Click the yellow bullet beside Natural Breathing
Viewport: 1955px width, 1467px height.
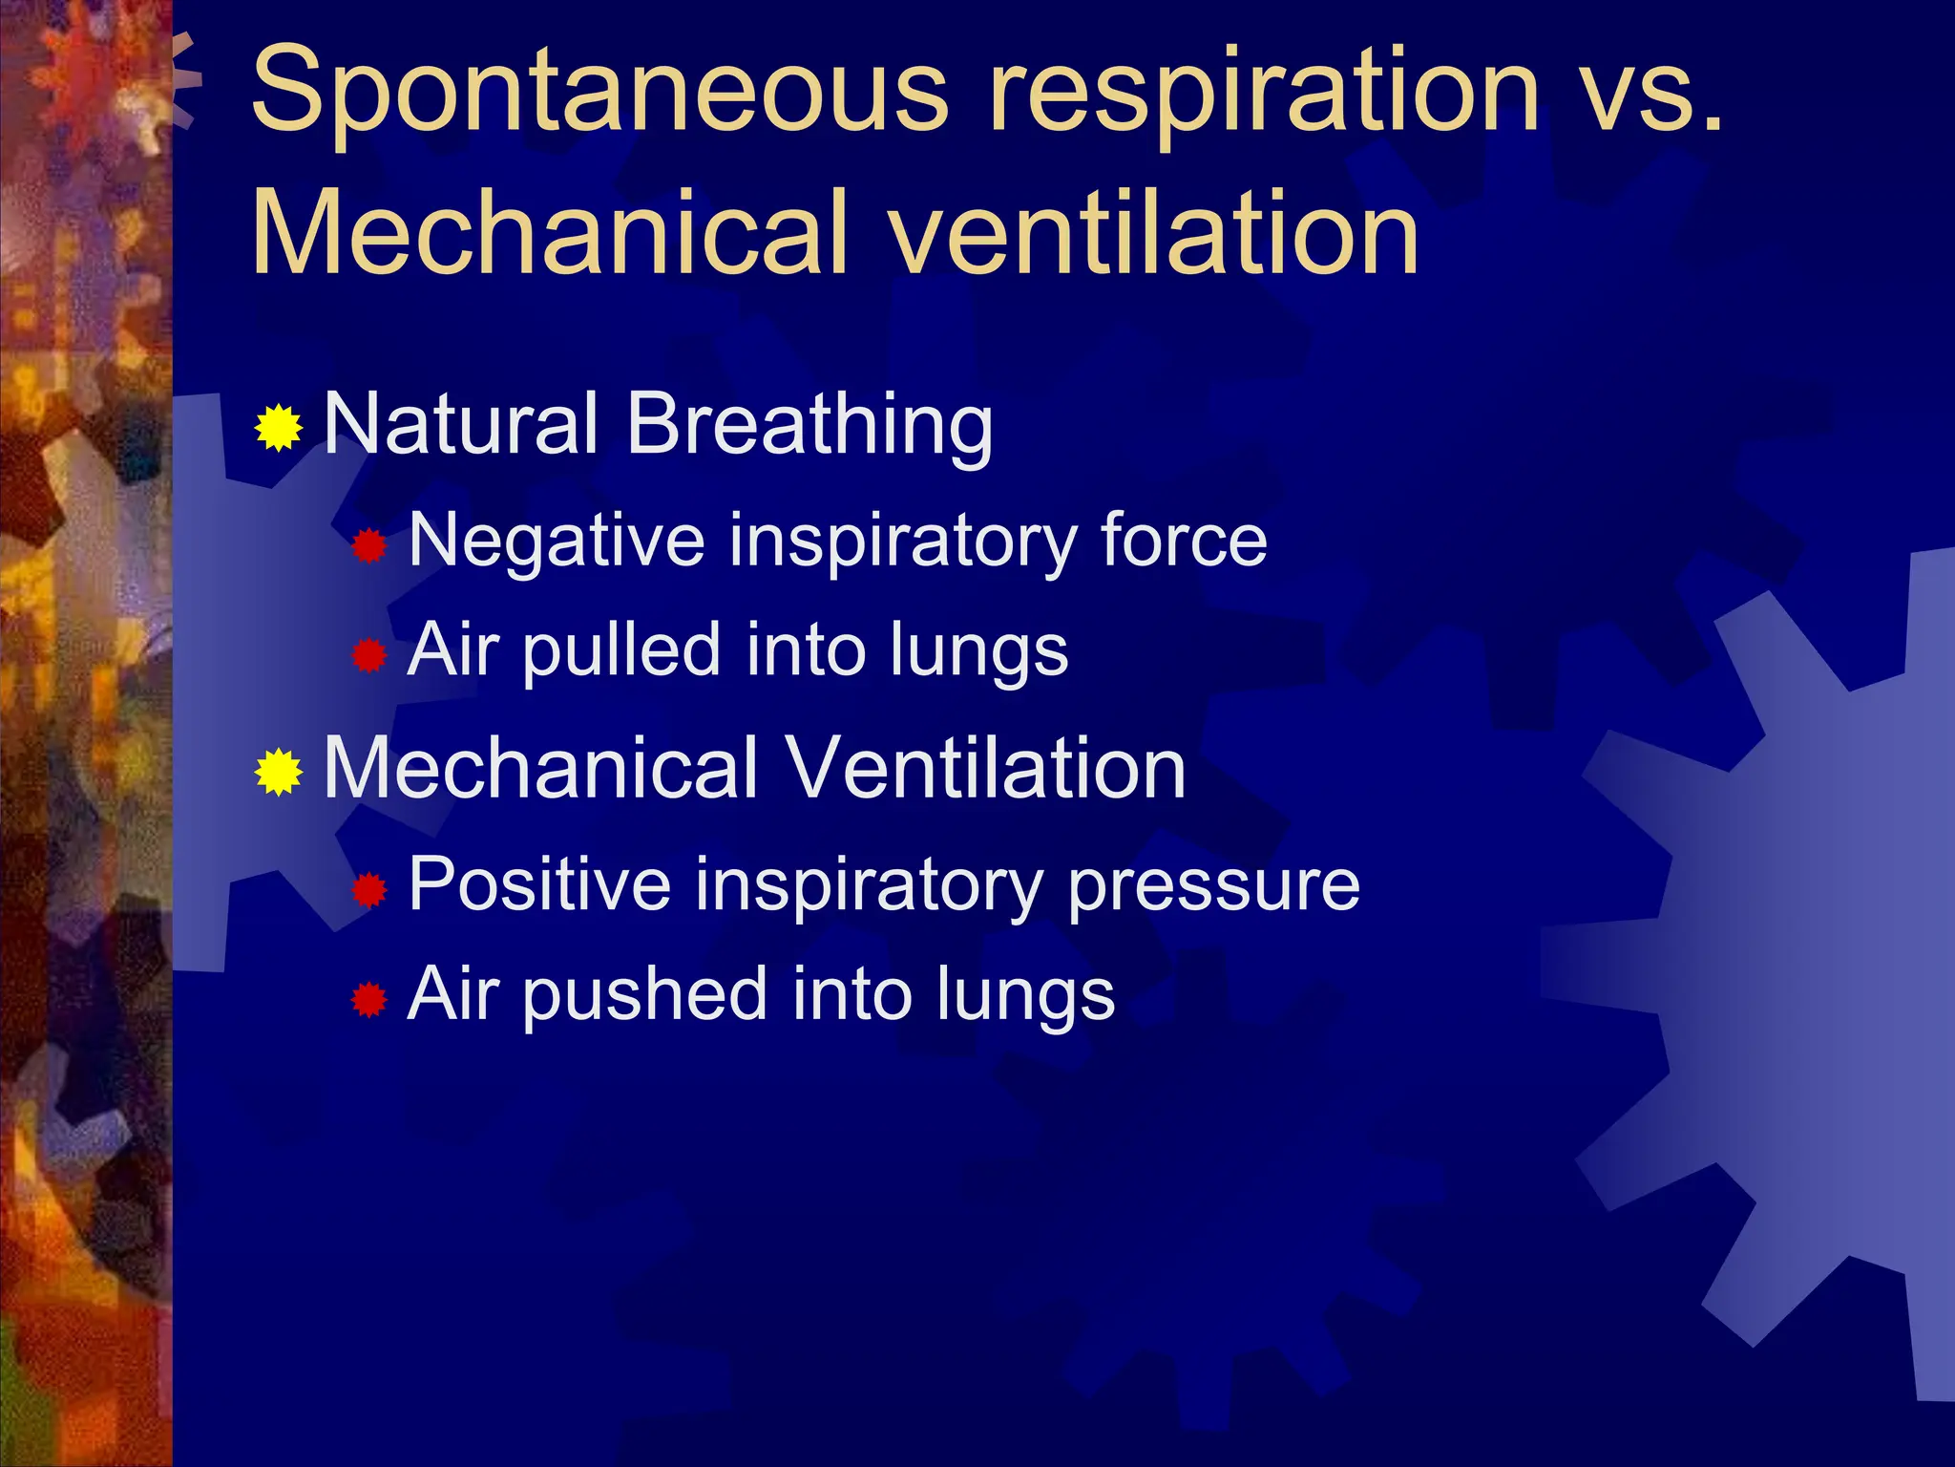pyautogui.click(x=279, y=427)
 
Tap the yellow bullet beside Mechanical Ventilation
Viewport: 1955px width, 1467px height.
pyautogui.click(x=279, y=772)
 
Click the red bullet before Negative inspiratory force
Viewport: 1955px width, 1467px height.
pyautogui.click(x=369, y=547)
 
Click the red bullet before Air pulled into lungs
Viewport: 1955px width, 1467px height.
pyautogui.click(x=369, y=656)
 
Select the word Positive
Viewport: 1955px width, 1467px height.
pyautogui.click(x=539, y=884)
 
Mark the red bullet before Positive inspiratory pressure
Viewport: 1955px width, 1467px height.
pyautogui.click(x=369, y=891)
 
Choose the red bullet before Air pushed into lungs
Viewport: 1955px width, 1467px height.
pyautogui.click(x=369, y=1001)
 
